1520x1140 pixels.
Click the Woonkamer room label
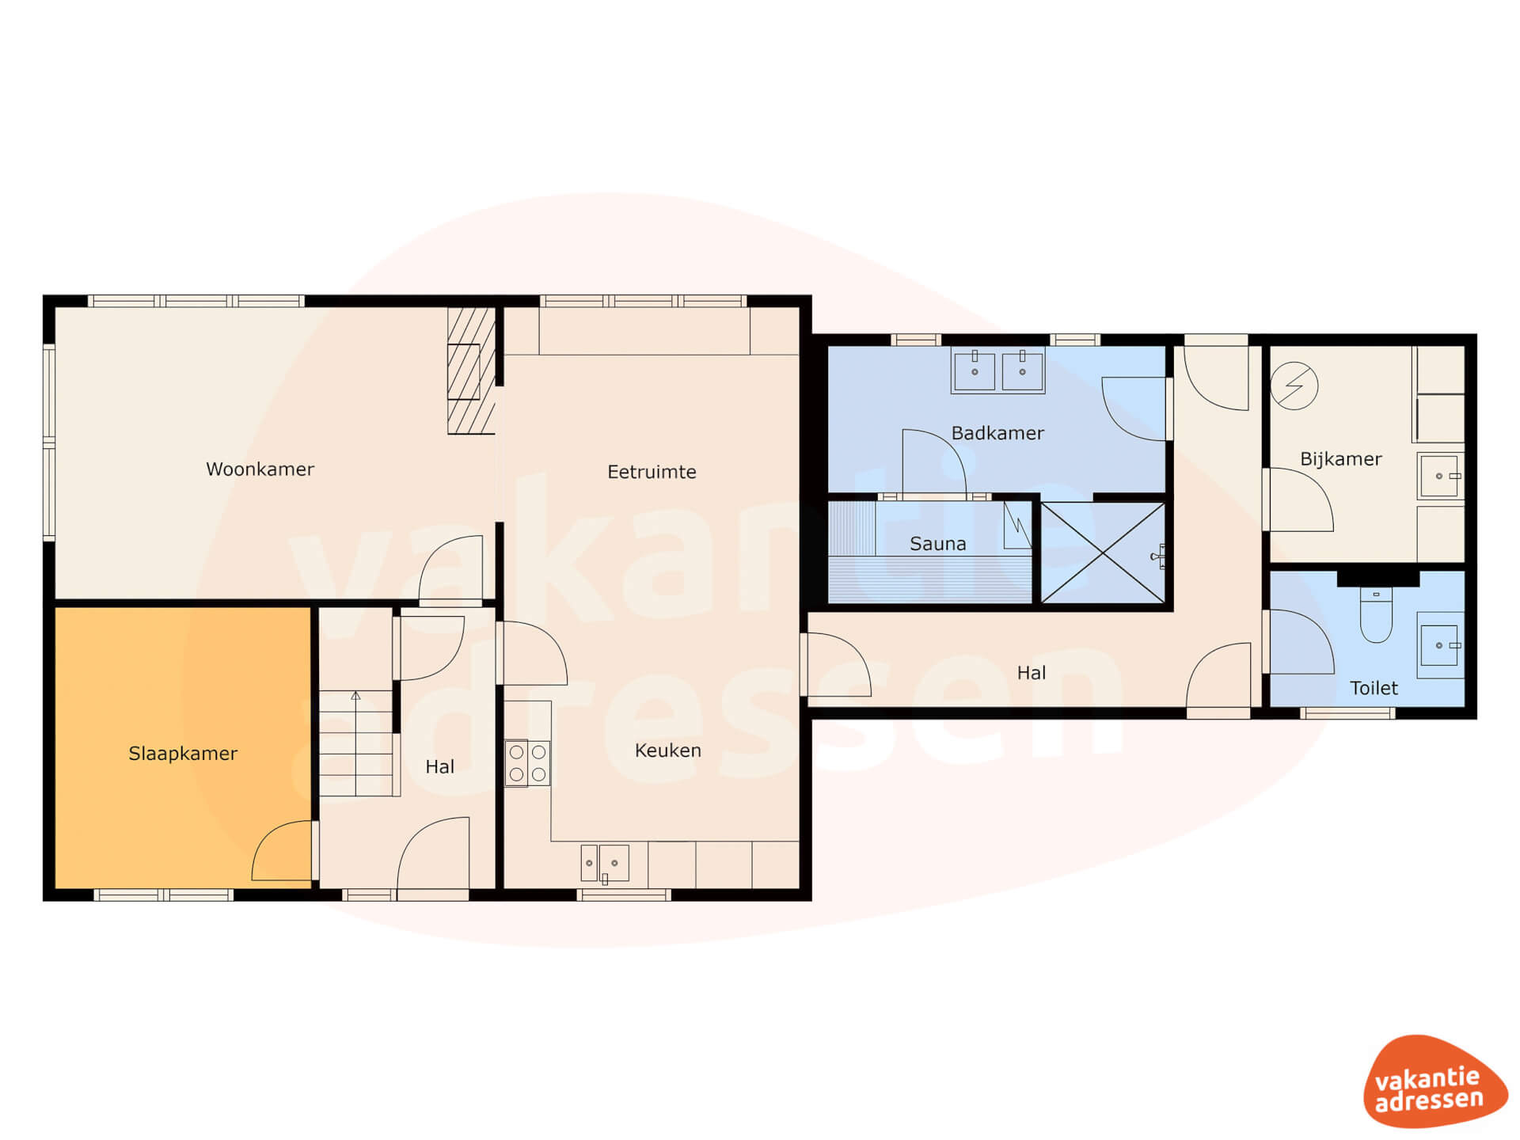point(260,469)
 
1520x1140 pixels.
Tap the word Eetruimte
point(652,472)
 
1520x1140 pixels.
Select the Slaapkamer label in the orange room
point(183,754)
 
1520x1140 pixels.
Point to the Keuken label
point(667,750)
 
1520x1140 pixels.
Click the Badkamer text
point(997,433)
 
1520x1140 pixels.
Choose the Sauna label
point(937,544)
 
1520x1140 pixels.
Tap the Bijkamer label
point(1340,459)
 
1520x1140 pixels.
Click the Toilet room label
point(1374,688)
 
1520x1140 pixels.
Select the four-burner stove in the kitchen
point(527,763)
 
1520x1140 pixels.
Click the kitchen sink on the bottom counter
point(605,863)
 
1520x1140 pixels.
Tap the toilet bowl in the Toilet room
point(1376,614)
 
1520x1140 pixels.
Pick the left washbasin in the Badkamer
point(975,371)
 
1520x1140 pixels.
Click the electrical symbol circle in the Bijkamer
point(1294,386)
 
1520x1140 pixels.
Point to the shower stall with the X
point(1103,553)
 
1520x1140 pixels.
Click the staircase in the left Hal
point(356,743)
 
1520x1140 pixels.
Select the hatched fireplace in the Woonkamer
point(471,370)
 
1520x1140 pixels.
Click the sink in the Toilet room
point(1439,645)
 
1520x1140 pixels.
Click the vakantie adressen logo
point(1434,1081)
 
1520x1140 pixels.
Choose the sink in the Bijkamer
point(1439,476)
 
